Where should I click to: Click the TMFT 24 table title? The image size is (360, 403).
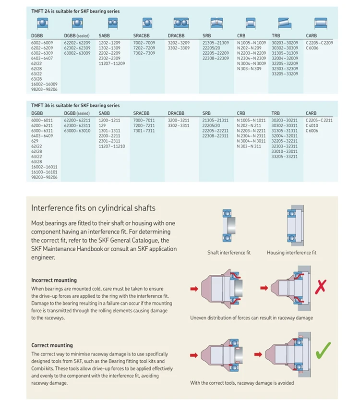click(x=75, y=11)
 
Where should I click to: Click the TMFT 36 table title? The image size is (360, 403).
click(x=75, y=105)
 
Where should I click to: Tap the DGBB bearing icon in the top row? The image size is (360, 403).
click(x=43, y=23)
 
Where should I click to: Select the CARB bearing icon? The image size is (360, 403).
click(x=320, y=23)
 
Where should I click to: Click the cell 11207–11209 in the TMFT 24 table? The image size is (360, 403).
click(x=112, y=63)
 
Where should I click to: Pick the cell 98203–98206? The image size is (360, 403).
click(x=44, y=89)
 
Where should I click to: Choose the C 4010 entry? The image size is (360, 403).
click(x=312, y=125)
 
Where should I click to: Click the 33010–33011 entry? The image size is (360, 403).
click(x=284, y=151)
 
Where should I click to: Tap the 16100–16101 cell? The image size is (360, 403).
click(x=44, y=172)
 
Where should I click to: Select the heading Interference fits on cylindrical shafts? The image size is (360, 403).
click(x=93, y=208)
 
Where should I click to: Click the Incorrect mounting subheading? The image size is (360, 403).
click(x=54, y=280)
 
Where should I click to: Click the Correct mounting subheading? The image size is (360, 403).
click(x=52, y=345)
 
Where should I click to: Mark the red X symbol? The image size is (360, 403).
click(x=321, y=287)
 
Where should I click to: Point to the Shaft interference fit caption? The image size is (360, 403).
click(x=229, y=253)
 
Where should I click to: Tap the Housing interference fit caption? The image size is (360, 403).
click(x=291, y=253)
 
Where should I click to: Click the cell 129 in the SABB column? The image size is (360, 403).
click(x=102, y=125)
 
